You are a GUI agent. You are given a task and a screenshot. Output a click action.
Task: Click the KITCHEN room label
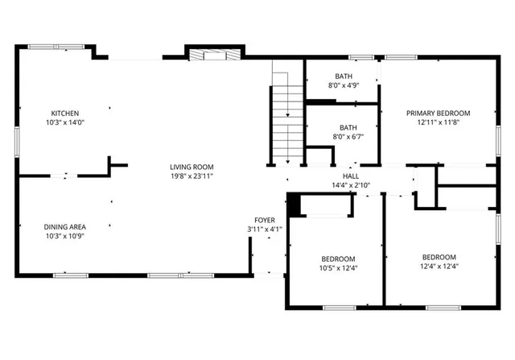[65, 113]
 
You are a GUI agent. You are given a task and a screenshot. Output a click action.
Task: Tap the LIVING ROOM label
[192, 167]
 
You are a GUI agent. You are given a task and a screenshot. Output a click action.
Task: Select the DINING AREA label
[65, 226]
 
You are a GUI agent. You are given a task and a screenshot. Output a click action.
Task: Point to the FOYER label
[265, 220]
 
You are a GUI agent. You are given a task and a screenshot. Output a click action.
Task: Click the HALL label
[351, 176]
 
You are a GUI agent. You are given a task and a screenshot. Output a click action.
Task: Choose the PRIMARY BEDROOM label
[438, 113]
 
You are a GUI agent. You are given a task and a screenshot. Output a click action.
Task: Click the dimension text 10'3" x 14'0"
[65, 122]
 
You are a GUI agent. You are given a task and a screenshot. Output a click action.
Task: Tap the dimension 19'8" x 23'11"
[192, 176]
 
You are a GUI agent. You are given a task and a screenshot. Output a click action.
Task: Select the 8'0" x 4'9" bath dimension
[342, 85]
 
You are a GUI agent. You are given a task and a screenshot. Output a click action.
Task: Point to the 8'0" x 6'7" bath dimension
[348, 137]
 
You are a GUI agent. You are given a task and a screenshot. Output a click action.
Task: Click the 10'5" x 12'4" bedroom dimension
[338, 267]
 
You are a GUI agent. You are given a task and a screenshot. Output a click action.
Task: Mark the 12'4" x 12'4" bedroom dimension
[439, 267]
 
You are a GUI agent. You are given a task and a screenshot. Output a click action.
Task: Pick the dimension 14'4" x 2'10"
[351, 185]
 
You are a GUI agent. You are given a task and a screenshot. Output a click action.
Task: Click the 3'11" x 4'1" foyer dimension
[265, 230]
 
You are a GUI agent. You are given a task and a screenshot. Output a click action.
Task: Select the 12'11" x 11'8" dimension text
[438, 122]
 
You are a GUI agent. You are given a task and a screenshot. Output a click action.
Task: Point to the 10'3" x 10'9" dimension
[65, 236]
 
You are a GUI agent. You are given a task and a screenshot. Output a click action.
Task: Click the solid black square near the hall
[295, 205]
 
